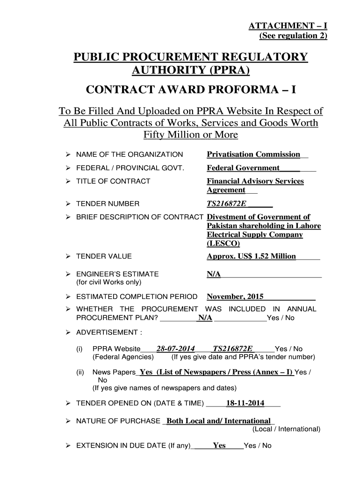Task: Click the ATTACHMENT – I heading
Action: click(x=288, y=27)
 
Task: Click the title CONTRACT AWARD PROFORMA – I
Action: click(x=191, y=90)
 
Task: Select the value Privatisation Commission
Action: click(x=253, y=154)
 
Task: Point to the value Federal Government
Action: click(x=243, y=168)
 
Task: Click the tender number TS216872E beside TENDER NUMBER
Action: click(x=226, y=203)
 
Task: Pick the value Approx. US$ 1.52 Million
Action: click(x=252, y=256)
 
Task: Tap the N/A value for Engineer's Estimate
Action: click(x=214, y=274)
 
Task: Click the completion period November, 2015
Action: click(x=235, y=297)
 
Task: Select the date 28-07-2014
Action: click(x=175, y=348)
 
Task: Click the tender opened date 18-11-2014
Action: click(x=245, y=403)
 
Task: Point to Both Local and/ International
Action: click(x=218, y=421)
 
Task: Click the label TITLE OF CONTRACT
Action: click(x=113, y=181)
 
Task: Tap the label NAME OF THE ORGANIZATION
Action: click(x=130, y=154)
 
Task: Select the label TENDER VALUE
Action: click(x=104, y=256)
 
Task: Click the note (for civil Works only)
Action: click(x=108, y=283)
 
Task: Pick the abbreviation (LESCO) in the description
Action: click(x=223, y=244)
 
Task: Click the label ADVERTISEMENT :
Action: click(x=109, y=333)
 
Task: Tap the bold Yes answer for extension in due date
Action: click(x=219, y=445)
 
